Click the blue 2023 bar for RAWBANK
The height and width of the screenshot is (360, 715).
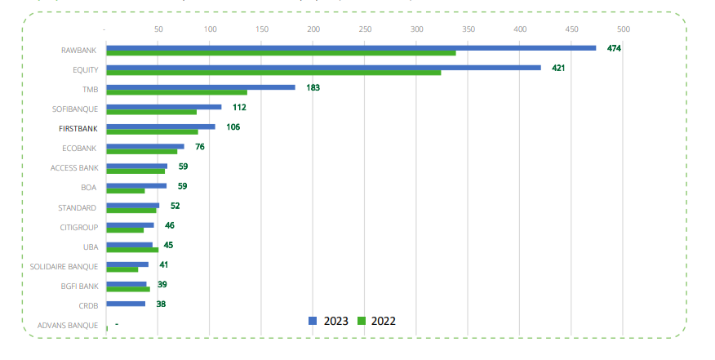tap(351, 47)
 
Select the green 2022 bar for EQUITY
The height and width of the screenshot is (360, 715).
tap(273, 73)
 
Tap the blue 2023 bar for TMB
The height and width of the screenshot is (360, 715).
tap(201, 87)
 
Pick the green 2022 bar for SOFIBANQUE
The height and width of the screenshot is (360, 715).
tap(152, 112)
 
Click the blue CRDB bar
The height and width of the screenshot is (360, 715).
tap(126, 304)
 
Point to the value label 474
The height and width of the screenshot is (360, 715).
tap(615, 48)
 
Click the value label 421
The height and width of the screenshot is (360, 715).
tap(558, 68)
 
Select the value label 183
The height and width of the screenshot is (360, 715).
tap(313, 87)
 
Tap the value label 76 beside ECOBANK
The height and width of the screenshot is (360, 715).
tap(199, 147)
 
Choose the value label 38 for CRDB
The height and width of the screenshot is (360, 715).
tap(161, 304)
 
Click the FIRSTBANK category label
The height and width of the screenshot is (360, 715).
tap(78, 128)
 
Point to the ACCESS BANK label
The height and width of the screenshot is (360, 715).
tap(74, 167)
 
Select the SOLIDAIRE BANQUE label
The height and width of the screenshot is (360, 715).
tap(64, 266)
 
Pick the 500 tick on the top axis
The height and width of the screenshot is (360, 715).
tap(624, 29)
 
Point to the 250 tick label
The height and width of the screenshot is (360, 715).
tap(365, 29)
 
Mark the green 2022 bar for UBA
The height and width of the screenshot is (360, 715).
tap(132, 250)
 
